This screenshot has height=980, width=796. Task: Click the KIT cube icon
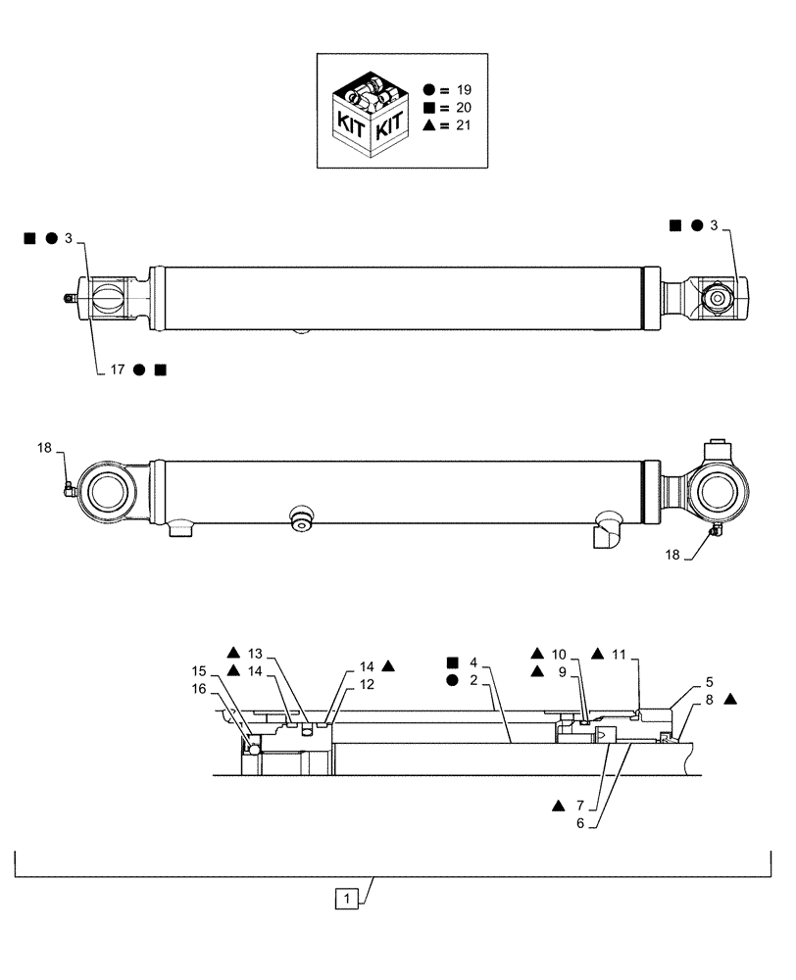pyautogui.click(x=369, y=115)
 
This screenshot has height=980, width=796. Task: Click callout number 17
pyautogui.click(x=116, y=369)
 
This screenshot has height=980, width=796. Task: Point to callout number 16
pyautogui.click(x=200, y=689)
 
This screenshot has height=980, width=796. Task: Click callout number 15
pyautogui.click(x=200, y=671)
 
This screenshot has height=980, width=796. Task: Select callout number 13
pyautogui.click(x=256, y=653)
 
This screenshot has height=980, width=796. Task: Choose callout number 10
pyautogui.click(x=558, y=653)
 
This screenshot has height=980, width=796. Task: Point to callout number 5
pyautogui.click(x=709, y=681)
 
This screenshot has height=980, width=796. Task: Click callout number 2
pyautogui.click(x=473, y=679)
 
